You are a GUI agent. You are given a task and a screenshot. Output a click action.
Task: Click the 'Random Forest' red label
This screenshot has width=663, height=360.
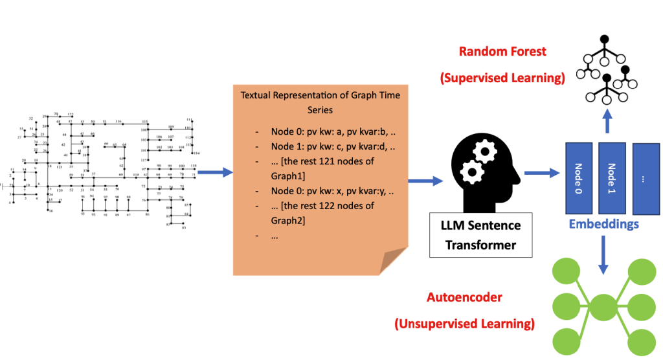coord(502,51)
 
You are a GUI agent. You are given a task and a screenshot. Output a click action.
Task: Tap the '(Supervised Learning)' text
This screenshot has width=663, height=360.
coord(502,78)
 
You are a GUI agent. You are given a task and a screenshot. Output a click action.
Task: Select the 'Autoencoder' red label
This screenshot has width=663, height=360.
coord(464,297)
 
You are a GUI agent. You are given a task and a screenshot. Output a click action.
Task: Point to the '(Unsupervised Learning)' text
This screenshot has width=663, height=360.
coord(464,323)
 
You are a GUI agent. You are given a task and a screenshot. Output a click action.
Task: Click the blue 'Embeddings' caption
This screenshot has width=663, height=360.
coord(604,224)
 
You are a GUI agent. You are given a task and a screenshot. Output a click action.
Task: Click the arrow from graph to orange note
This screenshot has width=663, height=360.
coord(215,172)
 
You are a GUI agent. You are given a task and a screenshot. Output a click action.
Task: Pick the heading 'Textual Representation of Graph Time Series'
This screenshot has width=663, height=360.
coord(320,102)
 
